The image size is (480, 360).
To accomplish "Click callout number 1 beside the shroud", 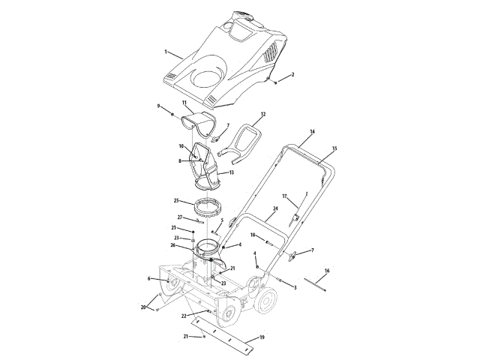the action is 166,52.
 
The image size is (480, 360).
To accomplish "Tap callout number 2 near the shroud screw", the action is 292,75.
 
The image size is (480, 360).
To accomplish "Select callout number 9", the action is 159,106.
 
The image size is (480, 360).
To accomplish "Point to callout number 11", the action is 184,102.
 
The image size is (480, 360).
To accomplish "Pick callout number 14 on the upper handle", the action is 312,132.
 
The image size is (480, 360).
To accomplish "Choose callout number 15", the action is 334,148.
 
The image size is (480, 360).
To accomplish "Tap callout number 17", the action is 285,196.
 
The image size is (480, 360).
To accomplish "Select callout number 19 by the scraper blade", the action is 262,338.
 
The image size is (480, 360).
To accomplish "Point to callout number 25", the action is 176,201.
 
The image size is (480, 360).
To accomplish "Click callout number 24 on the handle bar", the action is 275,208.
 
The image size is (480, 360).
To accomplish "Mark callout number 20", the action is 143,307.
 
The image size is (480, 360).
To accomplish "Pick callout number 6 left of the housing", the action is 149,278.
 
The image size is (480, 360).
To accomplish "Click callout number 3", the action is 295,287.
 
